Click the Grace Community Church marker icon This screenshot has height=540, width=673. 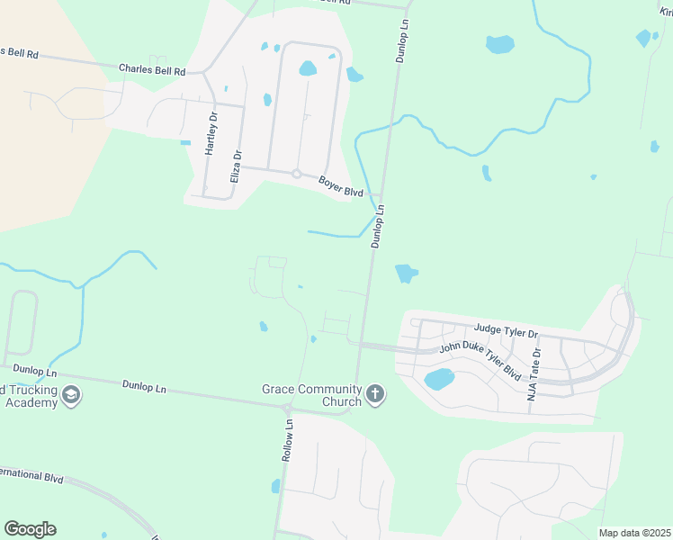tap(375, 393)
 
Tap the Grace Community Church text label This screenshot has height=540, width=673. tap(311, 395)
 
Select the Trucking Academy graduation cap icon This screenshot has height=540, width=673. tap(71, 394)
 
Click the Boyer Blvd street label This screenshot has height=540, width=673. tap(340, 186)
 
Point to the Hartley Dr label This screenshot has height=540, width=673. tap(212, 134)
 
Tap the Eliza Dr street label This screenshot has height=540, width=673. tap(236, 167)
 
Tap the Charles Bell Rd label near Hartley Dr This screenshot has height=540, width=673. tap(152, 68)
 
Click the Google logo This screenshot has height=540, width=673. tap(30, 529)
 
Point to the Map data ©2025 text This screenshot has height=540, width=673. tap(633, 533)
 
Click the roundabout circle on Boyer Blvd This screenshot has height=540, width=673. tap(296, 174)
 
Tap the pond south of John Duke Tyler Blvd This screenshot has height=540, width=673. tap(438, 379)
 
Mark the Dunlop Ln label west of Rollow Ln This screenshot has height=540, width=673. tap(144, 386)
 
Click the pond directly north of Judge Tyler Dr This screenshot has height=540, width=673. tap(407, 273)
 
